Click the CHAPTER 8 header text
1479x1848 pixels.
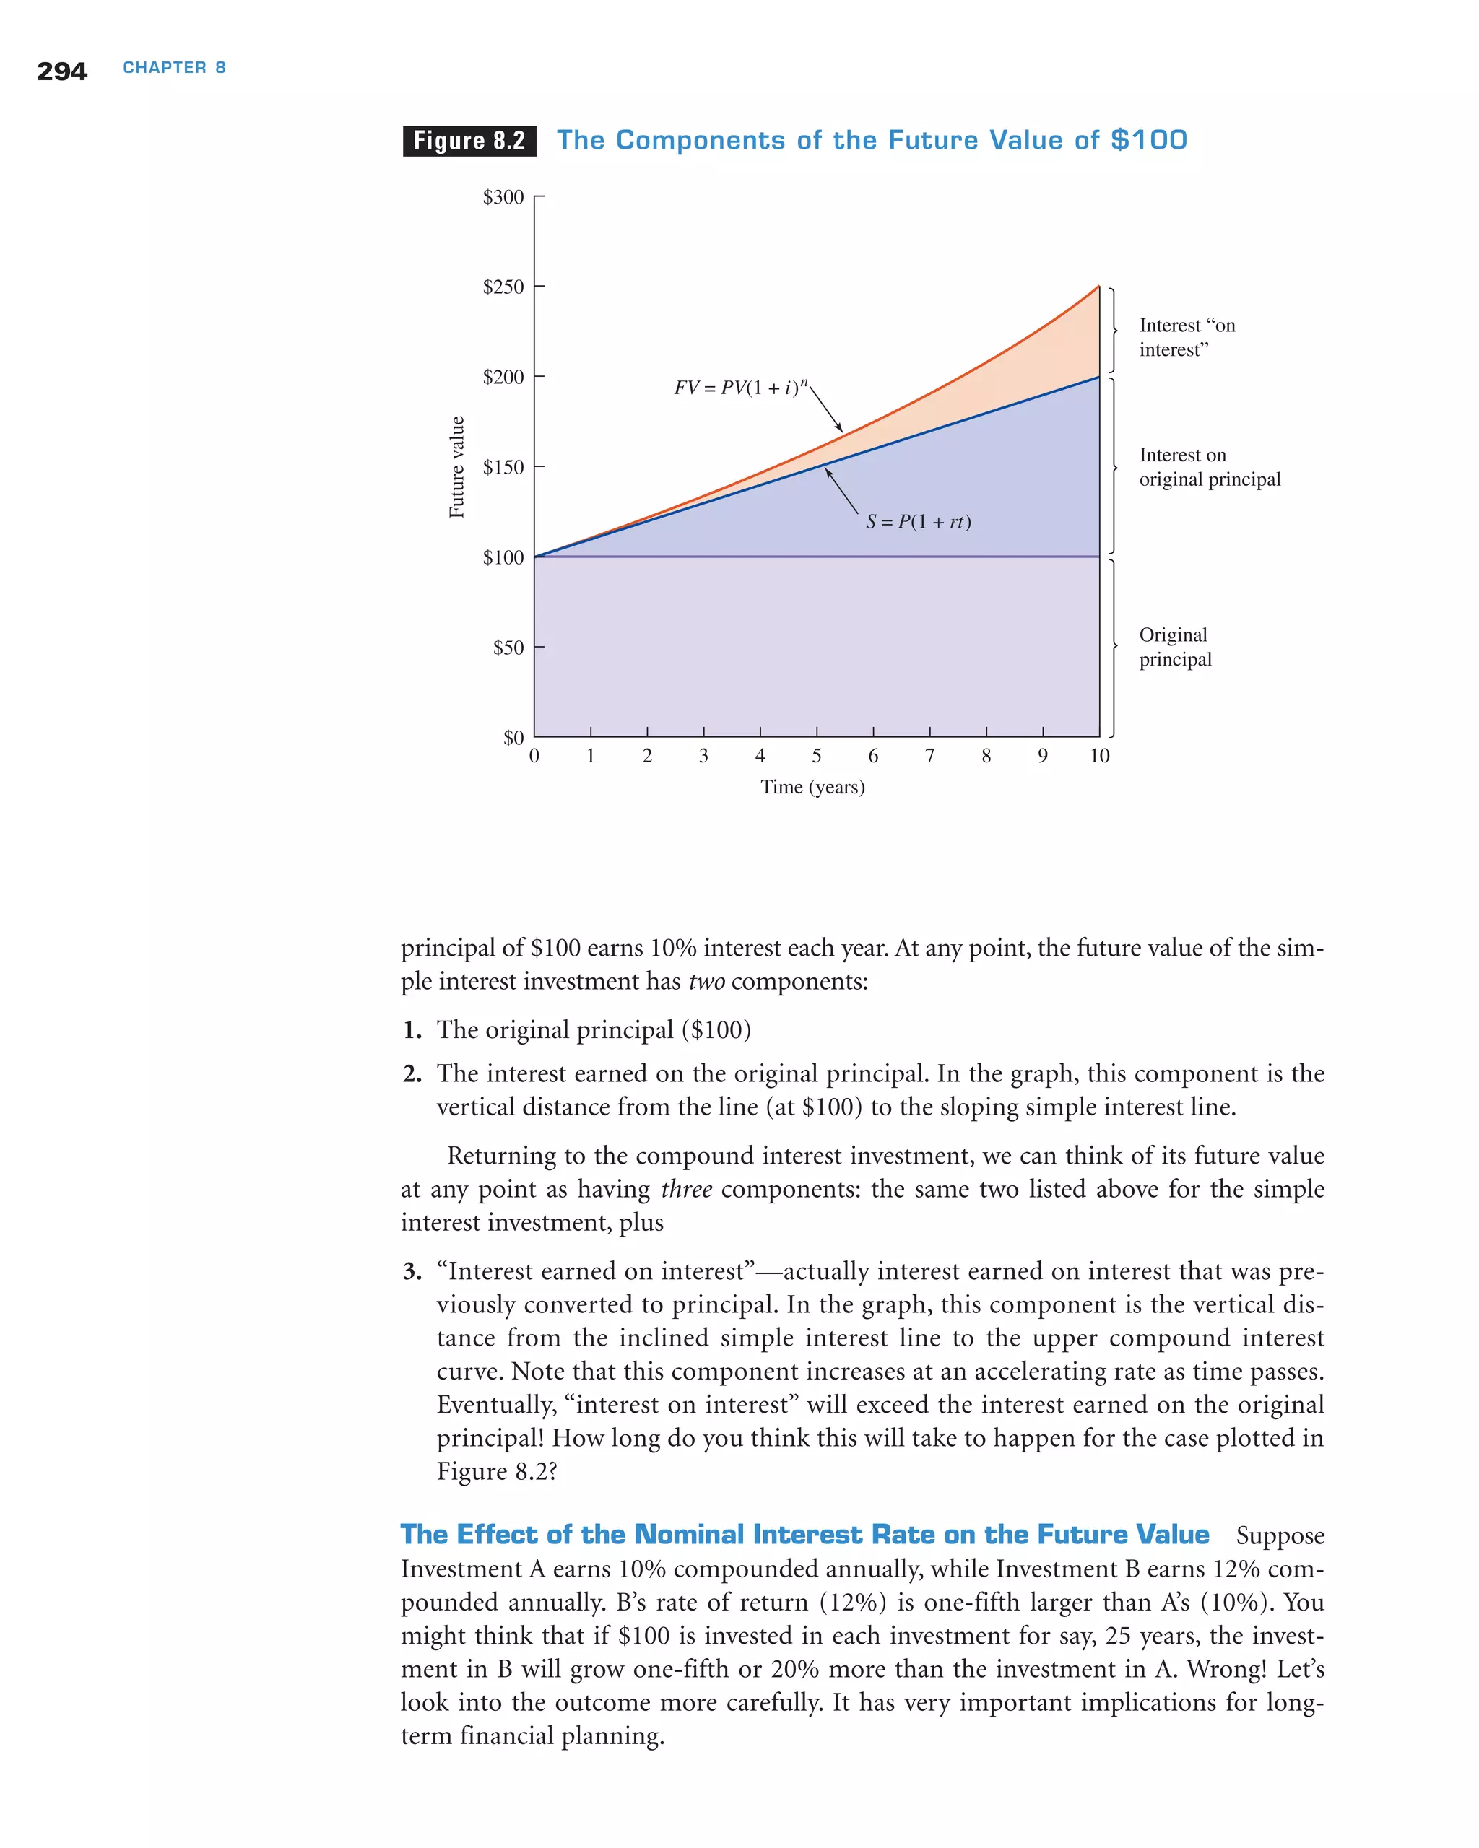(174, 68)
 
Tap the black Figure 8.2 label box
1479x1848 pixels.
(469, 141)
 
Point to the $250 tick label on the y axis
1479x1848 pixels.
(503, 287)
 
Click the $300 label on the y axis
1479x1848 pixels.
(503, 197)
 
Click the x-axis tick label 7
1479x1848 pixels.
(929, 756)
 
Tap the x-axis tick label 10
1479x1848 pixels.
(1099, 756)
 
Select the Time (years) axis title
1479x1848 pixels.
(812, 787)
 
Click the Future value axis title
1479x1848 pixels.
(457, 467)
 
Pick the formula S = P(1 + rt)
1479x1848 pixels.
(917, 522)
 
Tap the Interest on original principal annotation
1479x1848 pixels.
(1209, 467)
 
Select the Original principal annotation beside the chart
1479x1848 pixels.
(1175, 647)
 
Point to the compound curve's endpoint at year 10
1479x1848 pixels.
(1099, 287)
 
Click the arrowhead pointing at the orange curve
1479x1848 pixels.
(841, 430)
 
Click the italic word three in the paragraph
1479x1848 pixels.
(686, 1189)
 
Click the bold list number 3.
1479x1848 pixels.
(412, 1271)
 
